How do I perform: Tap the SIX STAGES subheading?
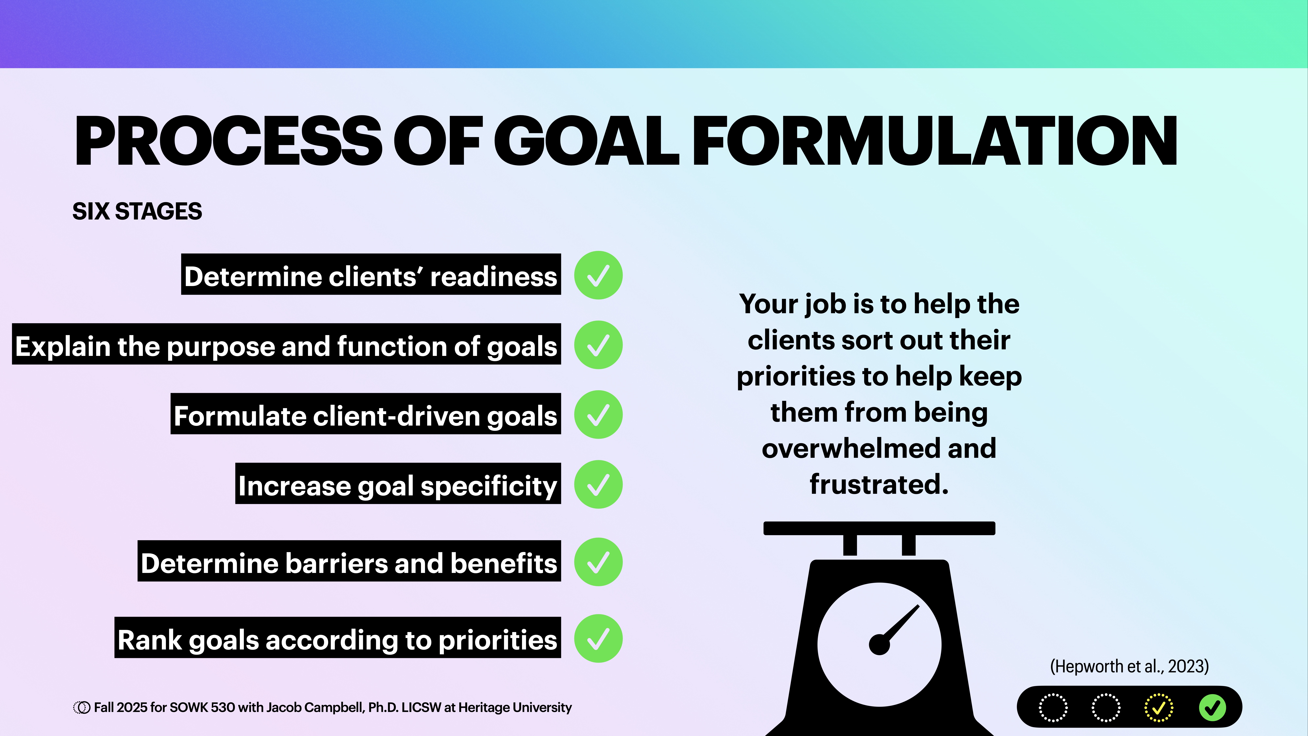(137, 211)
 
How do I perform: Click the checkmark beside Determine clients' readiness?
(598, 275)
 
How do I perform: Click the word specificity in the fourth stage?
(488, 486)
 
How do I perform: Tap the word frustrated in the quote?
(878, 485)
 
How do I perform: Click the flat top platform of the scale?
(879, 528)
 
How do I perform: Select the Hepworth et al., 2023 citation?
(1129, 666)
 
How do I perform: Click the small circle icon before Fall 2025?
(81, 708)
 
